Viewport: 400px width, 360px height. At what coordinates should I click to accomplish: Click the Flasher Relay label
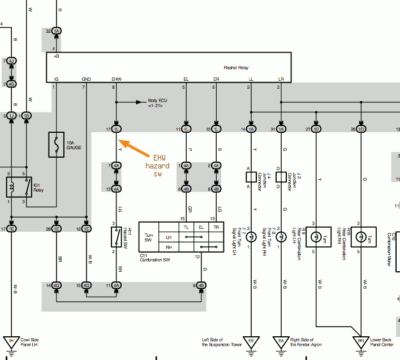[236, 68]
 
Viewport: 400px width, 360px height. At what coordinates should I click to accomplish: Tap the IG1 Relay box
[15, 186]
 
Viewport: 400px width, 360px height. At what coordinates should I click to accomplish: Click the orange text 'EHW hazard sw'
[157, 166]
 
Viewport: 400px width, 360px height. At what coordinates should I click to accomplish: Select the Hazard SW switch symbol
[117, 237]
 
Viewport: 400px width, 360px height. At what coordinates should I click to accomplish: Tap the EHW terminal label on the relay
[116, 79]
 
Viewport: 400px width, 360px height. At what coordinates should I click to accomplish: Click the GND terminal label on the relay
[86, 79]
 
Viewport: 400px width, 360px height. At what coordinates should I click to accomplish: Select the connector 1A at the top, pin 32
[57, 32]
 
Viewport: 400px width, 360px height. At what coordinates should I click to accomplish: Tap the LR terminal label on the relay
[281, 79]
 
